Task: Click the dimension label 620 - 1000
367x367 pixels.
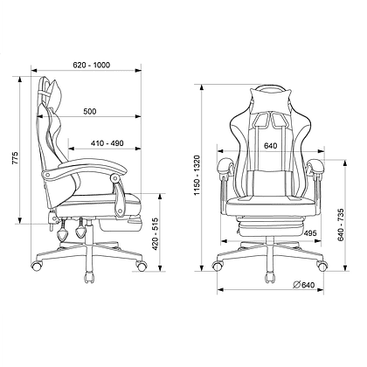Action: click(92, 65)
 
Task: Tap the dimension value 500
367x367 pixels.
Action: click(90, 111)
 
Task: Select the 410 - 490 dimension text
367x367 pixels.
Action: click(107, 143)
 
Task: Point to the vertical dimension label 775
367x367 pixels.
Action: click(15, 157)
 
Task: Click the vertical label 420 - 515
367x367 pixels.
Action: click(156, 234)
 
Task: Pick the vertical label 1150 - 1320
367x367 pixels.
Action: click(197, 176)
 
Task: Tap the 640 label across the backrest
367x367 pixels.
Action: click(271, 146)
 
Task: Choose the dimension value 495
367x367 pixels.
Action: click(310, 233)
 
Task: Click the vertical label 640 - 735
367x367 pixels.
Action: click(341, 225)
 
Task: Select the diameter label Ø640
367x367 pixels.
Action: click(304, 285)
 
